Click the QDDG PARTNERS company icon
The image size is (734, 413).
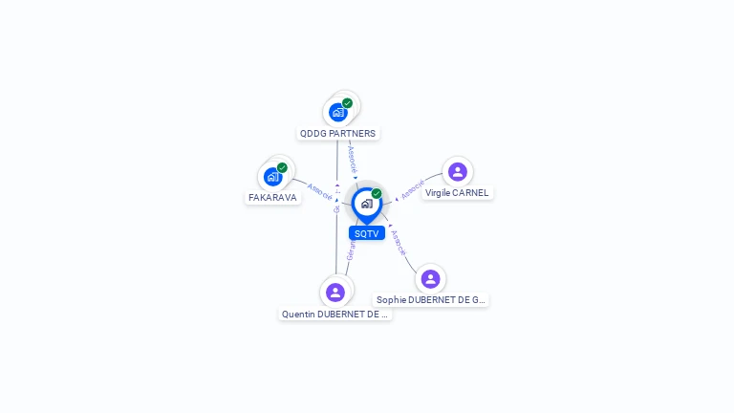point(337,112)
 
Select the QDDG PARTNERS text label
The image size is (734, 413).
point(338,134)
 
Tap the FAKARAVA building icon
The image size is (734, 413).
point(272,176)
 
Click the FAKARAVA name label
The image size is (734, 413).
point(272,198)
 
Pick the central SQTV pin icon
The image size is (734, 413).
point(366,203)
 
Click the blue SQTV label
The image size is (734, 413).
point(366,233)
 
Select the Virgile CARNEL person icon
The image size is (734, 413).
point(457,171)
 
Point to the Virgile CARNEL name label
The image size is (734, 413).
point(457,193)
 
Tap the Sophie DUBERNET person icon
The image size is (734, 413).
point(430,278)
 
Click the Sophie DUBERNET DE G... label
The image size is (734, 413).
point(430,300)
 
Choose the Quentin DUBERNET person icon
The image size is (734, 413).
point(335,292)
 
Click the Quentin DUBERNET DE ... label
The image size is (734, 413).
point(335,315)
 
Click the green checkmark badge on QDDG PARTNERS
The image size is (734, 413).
point(347,103)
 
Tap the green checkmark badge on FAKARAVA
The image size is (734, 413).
point(282,167)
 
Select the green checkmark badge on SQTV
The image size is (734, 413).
point(377,194)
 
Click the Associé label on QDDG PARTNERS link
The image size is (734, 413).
point(352,159)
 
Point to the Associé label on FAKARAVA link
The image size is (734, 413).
point(320,191)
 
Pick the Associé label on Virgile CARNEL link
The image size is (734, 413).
point(413,188)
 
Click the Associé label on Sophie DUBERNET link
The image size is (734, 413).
point(399,242)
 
